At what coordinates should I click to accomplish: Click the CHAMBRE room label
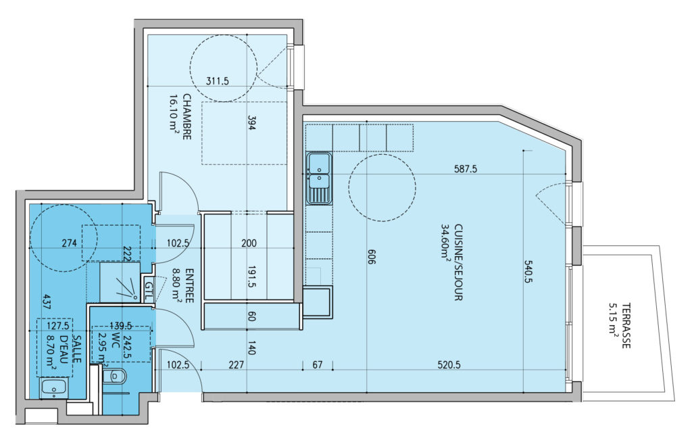[187, 116]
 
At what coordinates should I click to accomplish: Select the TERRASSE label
[625, 325]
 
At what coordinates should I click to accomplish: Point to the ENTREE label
[189, 285]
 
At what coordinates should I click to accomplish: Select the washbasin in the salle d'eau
[53, 389]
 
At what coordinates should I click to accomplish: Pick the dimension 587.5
[466, 168]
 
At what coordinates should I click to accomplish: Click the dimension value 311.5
[218, 81]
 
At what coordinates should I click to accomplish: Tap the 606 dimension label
[371, 256]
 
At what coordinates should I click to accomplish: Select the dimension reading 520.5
[449, 364]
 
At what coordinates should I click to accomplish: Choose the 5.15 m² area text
[614, 325]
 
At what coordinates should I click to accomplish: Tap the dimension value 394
[251, 123]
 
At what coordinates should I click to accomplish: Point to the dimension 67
[318, 364]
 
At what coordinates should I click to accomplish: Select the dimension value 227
[237, 364]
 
